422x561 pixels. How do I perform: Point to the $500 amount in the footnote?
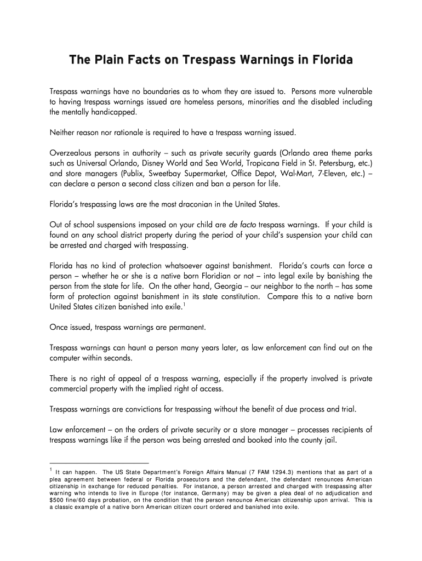pyautogui.click(x=58, y=500)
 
